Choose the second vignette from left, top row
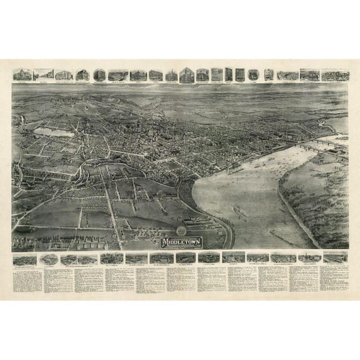point(44,74)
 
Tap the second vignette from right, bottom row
point(307,258)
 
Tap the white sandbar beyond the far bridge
point(340,138)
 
